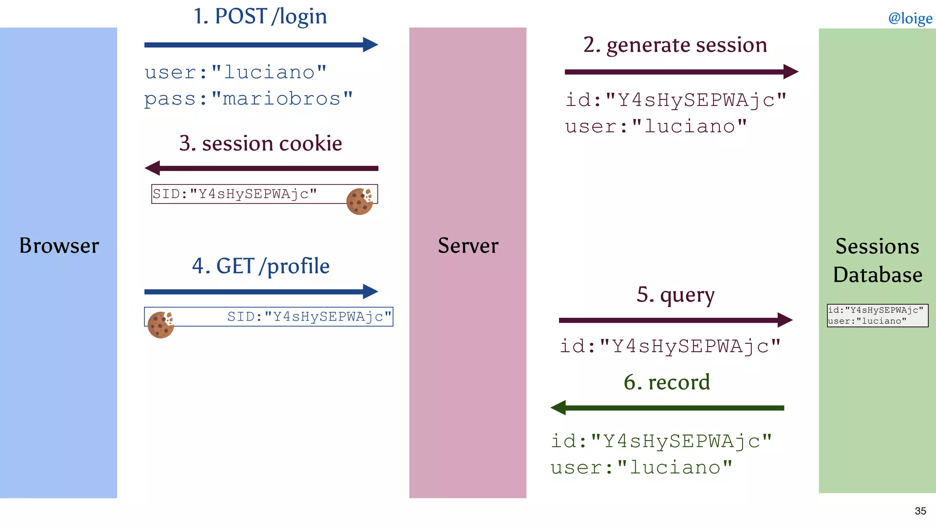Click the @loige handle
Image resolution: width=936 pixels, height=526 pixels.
pos(910,18)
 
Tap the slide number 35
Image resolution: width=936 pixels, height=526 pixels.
pos(920,511)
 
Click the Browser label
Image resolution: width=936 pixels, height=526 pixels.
pos(59,246)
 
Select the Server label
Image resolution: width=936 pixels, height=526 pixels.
pos(468,246)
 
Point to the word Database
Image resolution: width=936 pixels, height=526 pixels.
pos(877,275)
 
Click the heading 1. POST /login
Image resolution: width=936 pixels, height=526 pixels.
pos(260,16)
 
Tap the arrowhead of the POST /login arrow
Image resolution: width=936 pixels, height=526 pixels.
pos(371,45)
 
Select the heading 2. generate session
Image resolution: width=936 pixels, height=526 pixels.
pos(675,45)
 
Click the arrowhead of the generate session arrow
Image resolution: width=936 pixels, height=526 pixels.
pos(791,72)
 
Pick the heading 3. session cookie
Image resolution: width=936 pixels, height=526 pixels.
pos(261,143)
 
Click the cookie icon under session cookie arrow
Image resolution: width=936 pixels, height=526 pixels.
pos(360,201)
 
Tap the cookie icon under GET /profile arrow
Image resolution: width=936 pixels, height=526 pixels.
pos(160,325)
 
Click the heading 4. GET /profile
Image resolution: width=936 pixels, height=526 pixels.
pos(261,266)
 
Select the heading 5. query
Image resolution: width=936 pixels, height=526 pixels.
pos(675,295)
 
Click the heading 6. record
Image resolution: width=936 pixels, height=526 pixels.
pos(667,382)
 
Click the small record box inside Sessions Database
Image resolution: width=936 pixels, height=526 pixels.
pos(877,316)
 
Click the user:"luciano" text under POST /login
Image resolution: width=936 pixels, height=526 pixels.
pos(235,73)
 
